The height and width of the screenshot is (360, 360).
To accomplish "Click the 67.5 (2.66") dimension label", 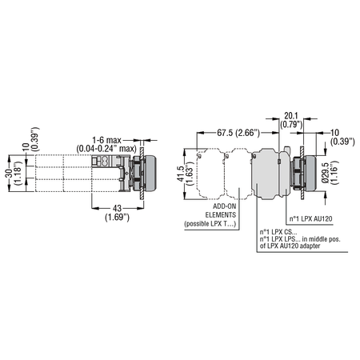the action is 238,133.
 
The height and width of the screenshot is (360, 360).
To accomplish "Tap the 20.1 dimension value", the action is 291,116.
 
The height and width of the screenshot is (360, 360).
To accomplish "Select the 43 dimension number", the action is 117,208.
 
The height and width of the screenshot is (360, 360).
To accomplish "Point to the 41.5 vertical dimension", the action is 181,174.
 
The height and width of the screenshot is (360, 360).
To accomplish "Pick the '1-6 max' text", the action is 106,140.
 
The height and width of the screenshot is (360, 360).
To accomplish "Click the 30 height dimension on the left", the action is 9,173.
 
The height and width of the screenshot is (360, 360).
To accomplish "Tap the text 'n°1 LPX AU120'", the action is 311,219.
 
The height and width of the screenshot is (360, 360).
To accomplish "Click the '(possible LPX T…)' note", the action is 210,223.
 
